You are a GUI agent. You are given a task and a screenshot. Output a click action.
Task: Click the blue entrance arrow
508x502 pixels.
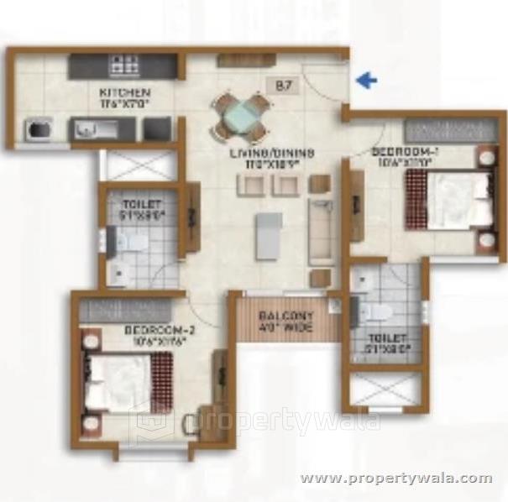[366, 81]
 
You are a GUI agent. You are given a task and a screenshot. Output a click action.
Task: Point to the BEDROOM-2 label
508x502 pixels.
[154, 335]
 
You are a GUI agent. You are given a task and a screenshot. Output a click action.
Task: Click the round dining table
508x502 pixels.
[241, 116]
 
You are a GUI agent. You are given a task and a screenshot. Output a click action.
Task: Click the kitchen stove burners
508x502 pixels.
[125, 62]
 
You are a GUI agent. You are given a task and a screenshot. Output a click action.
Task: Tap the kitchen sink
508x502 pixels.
[86, 130]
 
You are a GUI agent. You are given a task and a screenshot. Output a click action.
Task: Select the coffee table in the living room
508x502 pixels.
[266, 236]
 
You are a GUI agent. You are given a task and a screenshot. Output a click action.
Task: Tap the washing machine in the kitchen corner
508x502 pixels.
[38, 130]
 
